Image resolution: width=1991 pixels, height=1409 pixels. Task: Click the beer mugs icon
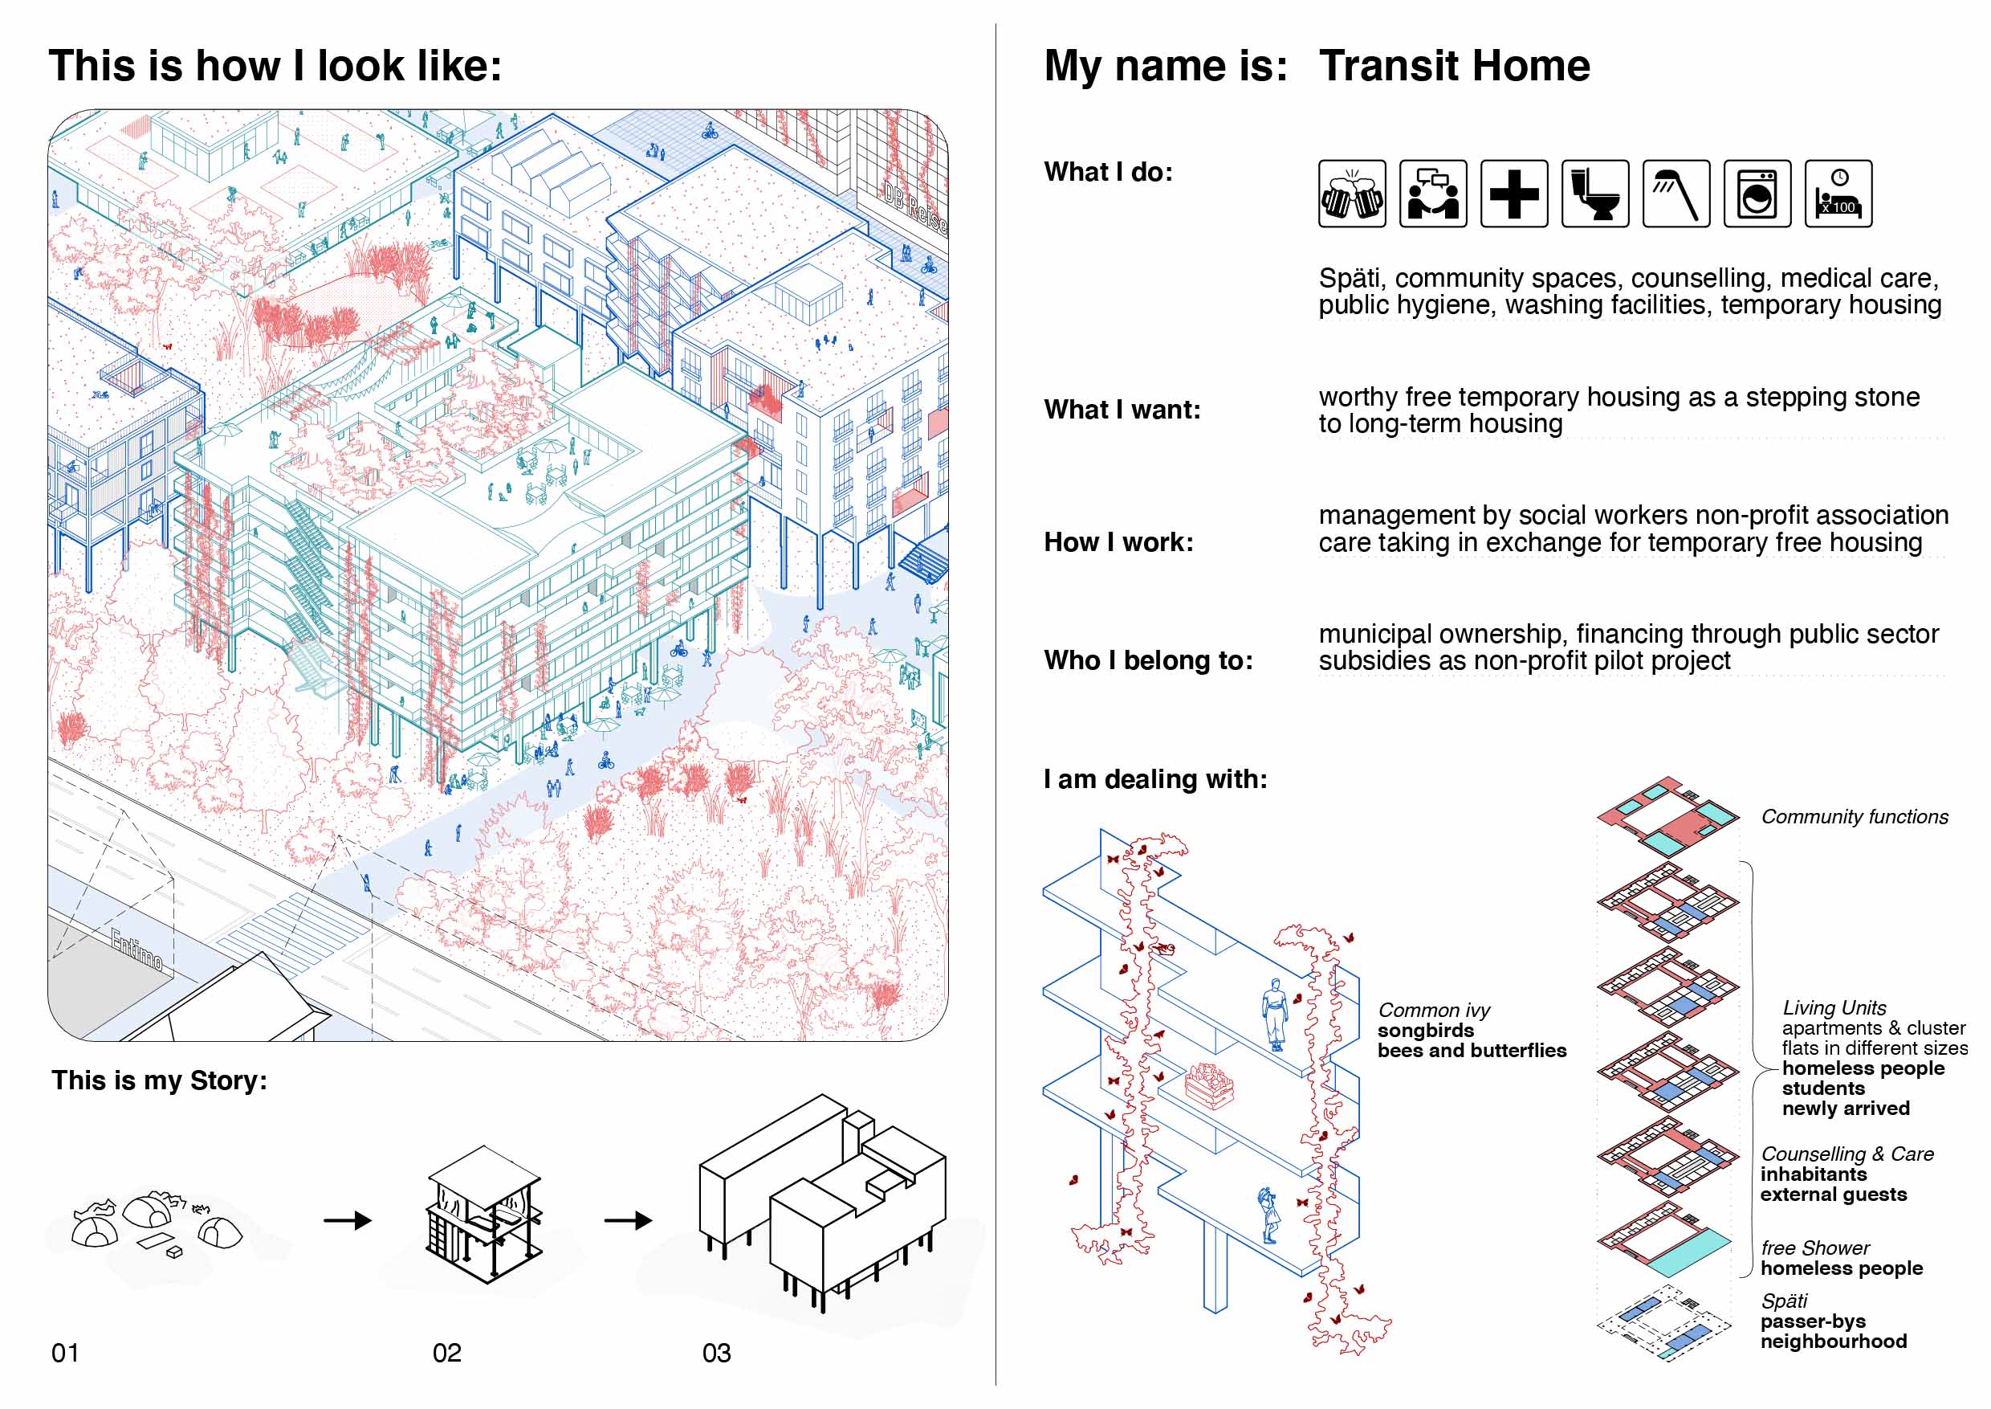pos(1352,194)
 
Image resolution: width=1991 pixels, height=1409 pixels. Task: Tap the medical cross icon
pos(1514,194)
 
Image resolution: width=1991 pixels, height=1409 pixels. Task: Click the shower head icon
pos(1676,194)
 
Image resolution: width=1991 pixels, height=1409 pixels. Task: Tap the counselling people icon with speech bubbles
pos(1432,194)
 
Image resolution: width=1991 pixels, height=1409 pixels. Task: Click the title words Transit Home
pos(1454,66)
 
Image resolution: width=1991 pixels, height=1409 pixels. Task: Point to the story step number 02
pos(446,1353)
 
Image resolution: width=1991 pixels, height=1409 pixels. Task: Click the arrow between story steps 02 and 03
pos(628,1221)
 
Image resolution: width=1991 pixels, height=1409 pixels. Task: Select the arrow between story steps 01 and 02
pos(347,1221)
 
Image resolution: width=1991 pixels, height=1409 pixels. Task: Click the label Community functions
pos(1854,816)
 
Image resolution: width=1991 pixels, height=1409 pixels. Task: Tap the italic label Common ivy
pos(1435,1010)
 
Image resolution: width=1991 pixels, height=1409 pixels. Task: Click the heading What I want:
pos(1122,410)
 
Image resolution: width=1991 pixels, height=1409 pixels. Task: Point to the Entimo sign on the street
pos(137,950)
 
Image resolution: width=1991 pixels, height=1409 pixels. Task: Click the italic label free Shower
pos(1815,1248)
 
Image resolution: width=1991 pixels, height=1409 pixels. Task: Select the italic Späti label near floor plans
pos(1784,1301)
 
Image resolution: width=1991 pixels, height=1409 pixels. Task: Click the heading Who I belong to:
pos(1148,660)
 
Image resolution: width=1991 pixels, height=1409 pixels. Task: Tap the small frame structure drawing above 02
pos(484,1215)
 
